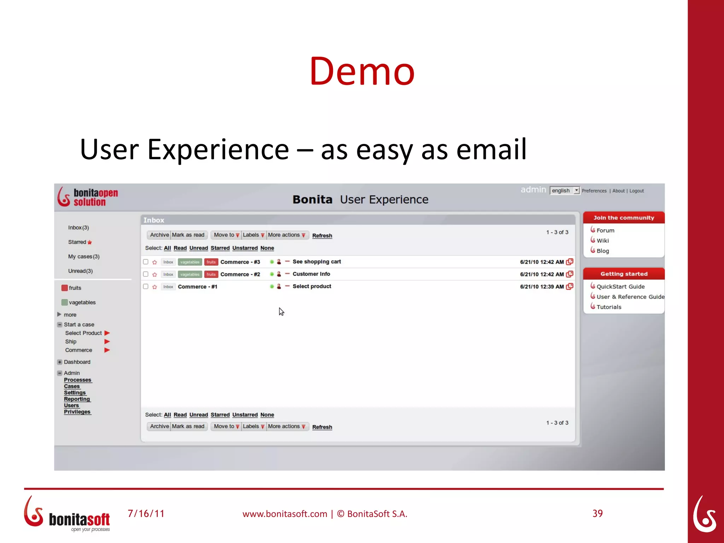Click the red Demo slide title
[x=362, y=71]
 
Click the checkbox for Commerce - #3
[x=146, y=262]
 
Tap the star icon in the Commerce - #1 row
[x=154, y=287]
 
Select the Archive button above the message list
[x=159, y=235]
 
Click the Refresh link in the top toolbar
[x=322, y=236]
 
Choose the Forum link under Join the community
[x=605, y=230]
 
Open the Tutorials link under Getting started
[x=608, y=307]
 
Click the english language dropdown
[x=565, y=191]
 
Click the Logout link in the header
[x=636, y=191]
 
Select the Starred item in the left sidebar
[x=77, y=242]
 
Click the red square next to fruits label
[x=64, y=288]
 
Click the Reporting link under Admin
[x=77, y=399]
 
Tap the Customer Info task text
[x=311, y=274]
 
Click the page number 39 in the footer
[x=597, y=513]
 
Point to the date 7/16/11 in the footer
[x=146, y=514]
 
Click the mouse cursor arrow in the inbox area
[x=281, y=311]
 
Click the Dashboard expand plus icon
[x=59, y=362]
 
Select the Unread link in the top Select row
[x=198, y=248]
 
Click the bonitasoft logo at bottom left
[x=67, y=514]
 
